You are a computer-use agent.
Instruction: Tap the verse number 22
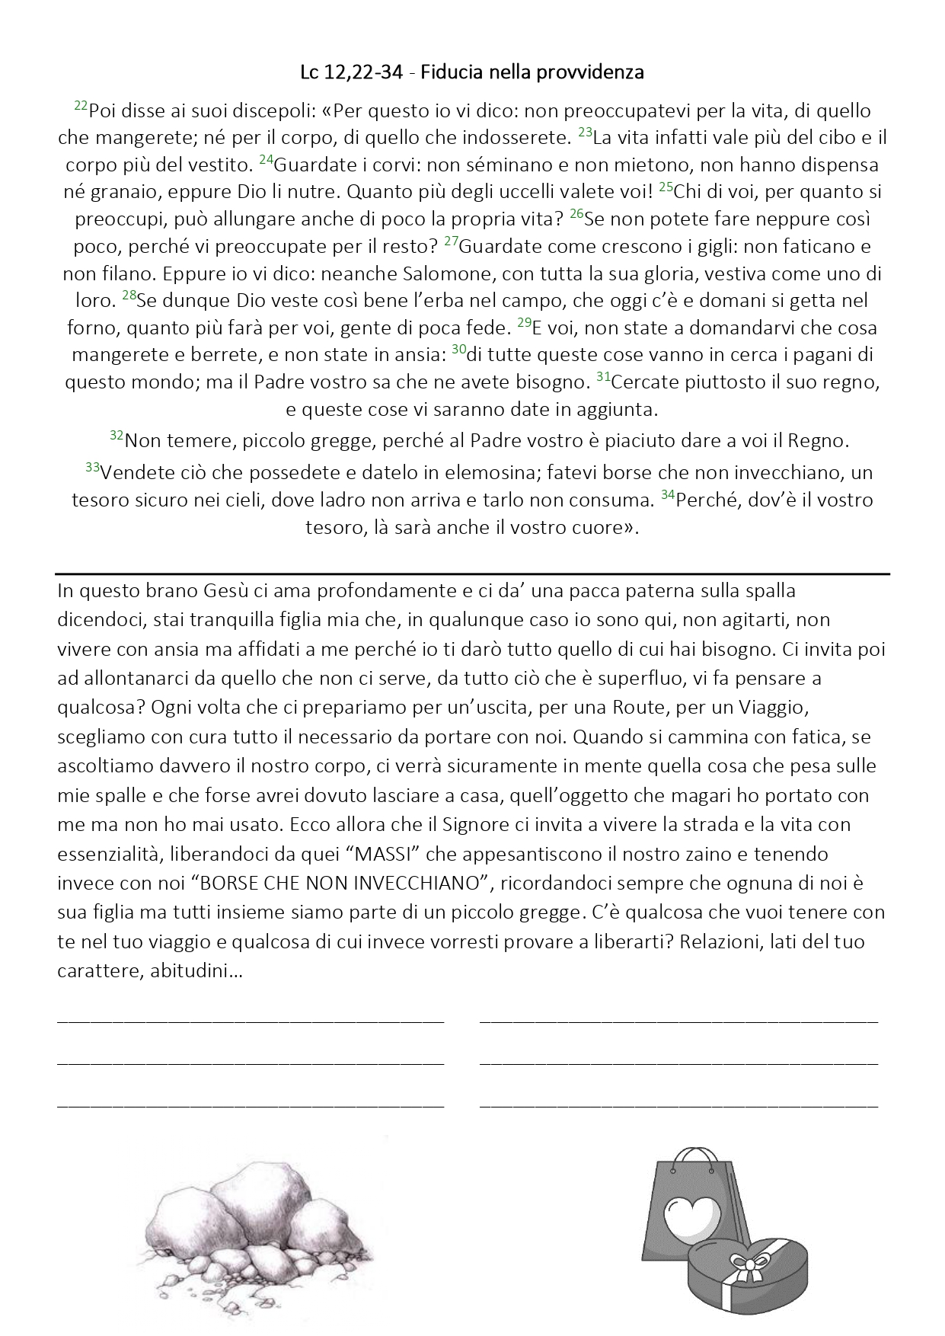point(81,107)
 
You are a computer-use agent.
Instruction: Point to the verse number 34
point(667,496)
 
